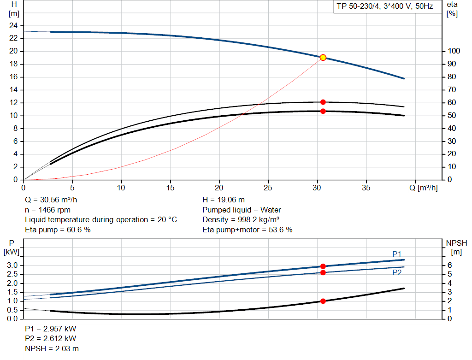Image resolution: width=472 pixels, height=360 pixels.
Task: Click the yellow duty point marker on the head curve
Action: [x=323, y=58]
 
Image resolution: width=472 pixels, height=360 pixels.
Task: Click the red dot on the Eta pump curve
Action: [x=323, y=102]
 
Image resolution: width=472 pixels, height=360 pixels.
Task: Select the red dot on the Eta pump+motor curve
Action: [x=323, y=111]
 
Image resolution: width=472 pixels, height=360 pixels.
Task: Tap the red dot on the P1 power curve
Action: [x=323, y=266]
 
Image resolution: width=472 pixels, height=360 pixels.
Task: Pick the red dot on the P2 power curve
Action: [x=323, y=273]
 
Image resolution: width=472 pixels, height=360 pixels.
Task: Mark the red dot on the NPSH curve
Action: [x=323, y=301]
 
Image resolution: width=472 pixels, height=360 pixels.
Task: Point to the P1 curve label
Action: [x=397, y=254]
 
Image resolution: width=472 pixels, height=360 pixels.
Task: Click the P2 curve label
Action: [x=397, y=273]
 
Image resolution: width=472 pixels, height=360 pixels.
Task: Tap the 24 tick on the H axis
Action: [x=13, y=25]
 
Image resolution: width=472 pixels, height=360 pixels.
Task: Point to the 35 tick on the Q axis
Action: [x=366, y=188]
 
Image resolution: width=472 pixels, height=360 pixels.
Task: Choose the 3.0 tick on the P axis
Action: [x=13, y=266]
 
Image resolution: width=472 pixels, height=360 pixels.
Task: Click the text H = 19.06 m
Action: [x=224, y=200]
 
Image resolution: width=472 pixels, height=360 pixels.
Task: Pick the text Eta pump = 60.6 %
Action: [x=58, y=230]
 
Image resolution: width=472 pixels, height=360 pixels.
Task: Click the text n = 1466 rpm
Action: [x=47, y=210]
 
